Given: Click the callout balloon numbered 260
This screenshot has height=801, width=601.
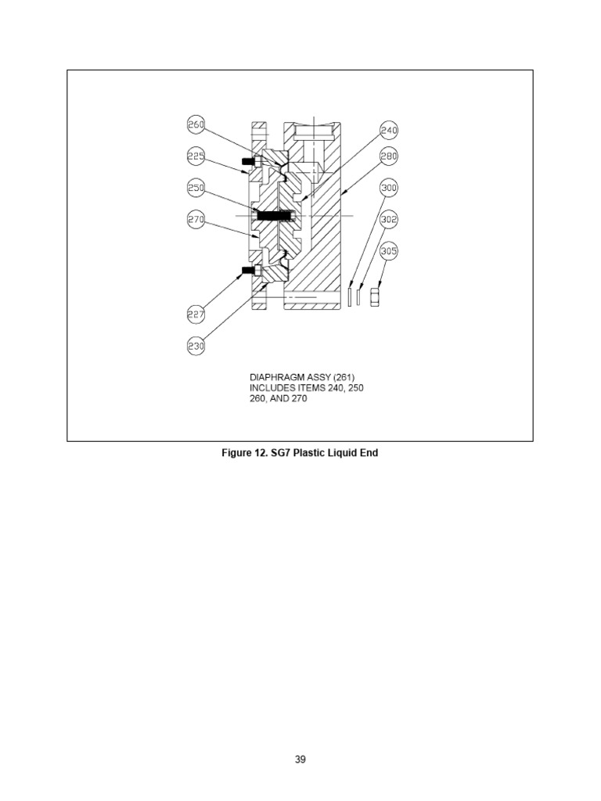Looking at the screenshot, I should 196,125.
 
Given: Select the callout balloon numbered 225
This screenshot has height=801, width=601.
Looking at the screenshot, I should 196,156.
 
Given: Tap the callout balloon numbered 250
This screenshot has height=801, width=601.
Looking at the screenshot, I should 196,189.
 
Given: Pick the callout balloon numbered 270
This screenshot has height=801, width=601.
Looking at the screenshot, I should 196,221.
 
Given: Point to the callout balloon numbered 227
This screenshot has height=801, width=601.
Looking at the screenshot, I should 196,314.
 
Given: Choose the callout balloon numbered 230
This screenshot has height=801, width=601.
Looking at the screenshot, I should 196,345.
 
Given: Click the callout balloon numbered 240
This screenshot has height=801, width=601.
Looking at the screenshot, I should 389,130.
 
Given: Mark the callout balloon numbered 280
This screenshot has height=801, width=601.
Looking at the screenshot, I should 389,156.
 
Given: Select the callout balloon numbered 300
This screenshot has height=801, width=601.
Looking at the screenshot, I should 389,189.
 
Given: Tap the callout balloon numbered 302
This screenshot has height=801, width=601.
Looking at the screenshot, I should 389,220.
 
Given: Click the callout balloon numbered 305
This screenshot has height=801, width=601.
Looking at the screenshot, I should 389,251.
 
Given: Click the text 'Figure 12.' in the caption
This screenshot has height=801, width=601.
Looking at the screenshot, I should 247,453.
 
